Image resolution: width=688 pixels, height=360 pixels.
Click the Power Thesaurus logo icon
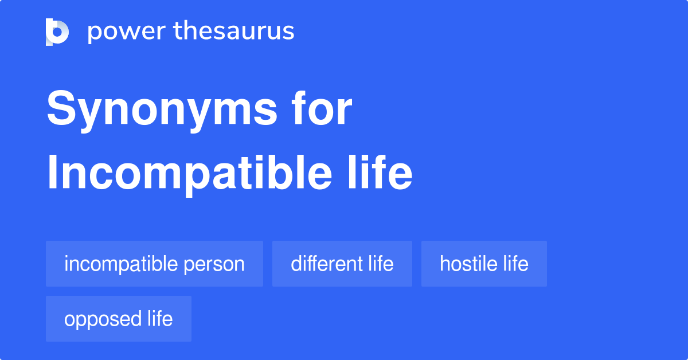click(57, 32)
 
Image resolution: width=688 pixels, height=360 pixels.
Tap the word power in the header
click(127, 32)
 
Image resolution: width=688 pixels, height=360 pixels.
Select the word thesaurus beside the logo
click(234, 30)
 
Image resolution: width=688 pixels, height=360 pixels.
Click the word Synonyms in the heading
click(162, 111)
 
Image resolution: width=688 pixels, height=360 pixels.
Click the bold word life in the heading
click(380, 172)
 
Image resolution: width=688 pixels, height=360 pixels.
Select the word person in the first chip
click(214, 266)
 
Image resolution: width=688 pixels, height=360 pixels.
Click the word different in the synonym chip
click(326, 263)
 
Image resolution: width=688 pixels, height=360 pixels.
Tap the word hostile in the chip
click(469, 263)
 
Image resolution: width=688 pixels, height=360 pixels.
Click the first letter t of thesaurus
click(178, 31)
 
